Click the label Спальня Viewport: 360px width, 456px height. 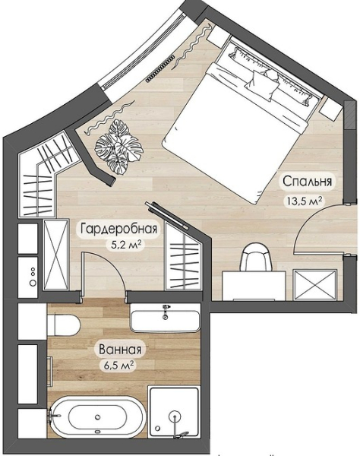point(307,181)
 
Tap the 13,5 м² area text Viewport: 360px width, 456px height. point(305,201)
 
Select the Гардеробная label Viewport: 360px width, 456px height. point(118,229)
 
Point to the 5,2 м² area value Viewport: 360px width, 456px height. point(126,245)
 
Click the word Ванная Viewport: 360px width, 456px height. point(121,350)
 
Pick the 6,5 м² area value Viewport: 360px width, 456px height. point(119,365)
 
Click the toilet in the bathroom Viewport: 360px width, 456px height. point(63,325)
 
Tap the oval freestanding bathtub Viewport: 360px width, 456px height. point(96,416)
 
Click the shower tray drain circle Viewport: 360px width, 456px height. point(175,416)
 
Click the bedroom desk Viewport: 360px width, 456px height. point(254,286)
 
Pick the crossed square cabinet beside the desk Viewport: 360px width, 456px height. point(315,284)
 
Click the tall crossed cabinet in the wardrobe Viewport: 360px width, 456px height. point(56,255)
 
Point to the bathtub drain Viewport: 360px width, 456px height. point(98,416)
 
